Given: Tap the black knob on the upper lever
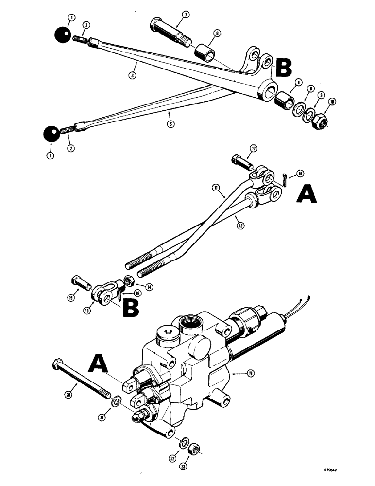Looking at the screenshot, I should (x=63, y=35).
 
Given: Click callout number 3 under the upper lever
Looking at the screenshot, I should (x=131, y=76).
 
